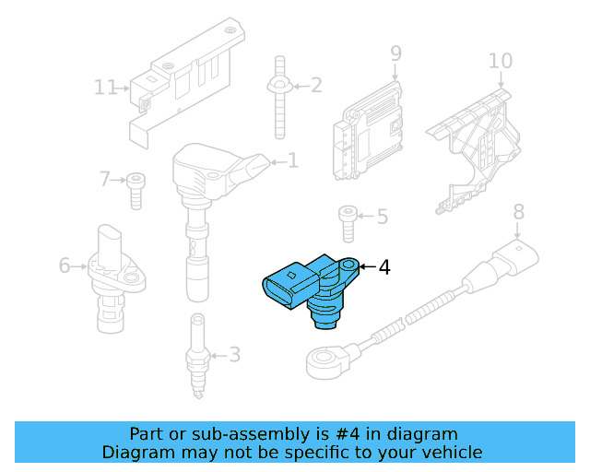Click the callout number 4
point(384,267)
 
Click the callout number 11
point(106,88)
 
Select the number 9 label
point(395,53)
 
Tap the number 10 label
point(500,61)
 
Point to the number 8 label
point(518,212)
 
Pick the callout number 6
point(65,266)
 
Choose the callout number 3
point(234,354)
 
